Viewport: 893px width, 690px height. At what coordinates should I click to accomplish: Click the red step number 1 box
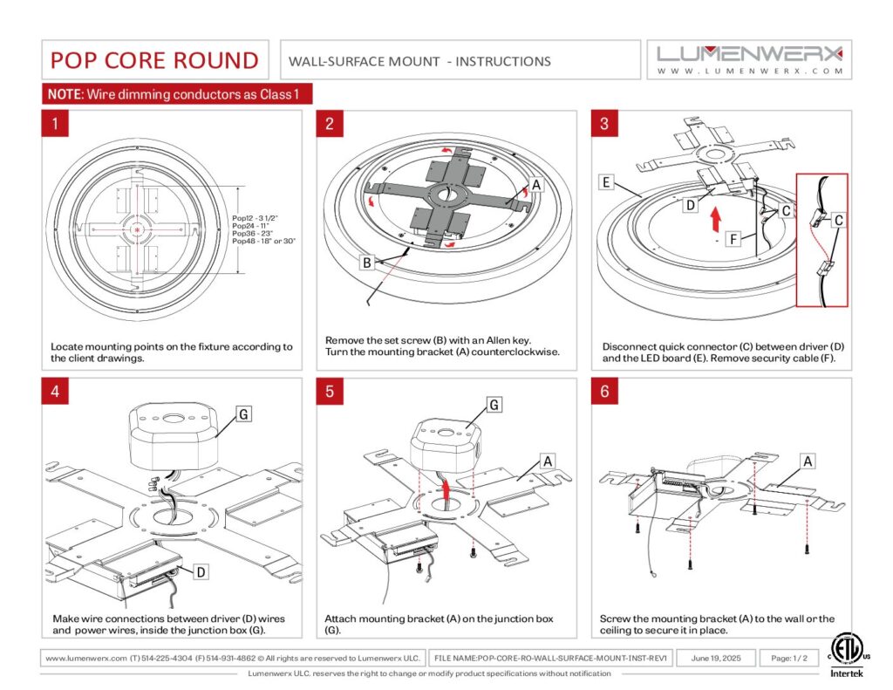coord(55,124)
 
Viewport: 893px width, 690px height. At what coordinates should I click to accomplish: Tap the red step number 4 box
coord(55,392)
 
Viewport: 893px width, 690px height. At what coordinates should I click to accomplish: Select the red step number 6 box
coord(605,392)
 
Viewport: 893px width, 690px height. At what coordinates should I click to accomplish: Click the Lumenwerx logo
coord(749,60)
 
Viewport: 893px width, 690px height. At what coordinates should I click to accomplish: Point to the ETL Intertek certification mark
coord(846,655)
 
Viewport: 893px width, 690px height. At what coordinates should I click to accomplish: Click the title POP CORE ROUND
coord(154,60)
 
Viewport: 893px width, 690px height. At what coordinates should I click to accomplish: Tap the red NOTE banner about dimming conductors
coord(177,94)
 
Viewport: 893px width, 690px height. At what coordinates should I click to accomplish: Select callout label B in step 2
coord(367,263)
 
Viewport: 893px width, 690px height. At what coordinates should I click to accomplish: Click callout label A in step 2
coord(536,185)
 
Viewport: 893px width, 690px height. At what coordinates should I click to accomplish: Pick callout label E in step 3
coord(606,182)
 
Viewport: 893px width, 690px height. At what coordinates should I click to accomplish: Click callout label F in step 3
coord(733,239)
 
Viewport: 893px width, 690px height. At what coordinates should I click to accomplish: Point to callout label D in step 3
coord(691,205)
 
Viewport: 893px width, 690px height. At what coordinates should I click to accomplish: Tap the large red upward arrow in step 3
coord(716,219)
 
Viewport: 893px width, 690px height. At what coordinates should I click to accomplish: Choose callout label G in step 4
coord(244,414)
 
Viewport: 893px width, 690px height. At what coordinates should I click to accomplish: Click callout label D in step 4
coord(201,571)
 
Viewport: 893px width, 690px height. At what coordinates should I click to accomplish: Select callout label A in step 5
coord(548,461)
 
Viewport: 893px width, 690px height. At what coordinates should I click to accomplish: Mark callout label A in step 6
coord(808,461)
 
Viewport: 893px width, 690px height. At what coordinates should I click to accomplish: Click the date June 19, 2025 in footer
coord(716,658)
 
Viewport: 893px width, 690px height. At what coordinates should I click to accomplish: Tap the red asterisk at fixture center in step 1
coord(137,229)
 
